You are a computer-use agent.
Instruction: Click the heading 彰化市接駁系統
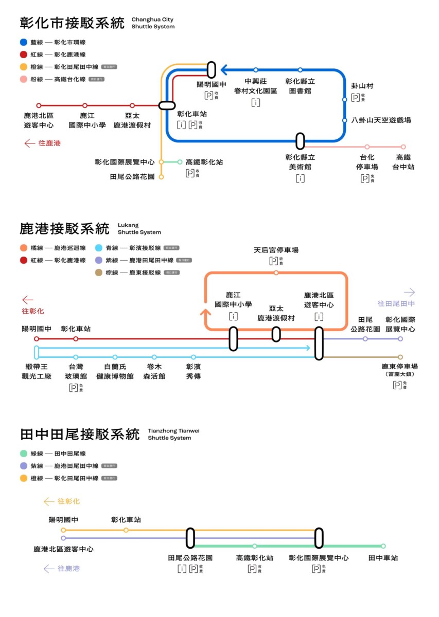tap(72, 23)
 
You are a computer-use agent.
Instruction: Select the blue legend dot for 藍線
tap(24, 42)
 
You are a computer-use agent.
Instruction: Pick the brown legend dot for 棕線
tap(99, 273)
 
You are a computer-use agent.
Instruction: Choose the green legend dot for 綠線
tap(24, 453)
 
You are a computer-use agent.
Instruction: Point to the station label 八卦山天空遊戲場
tap(381, 120)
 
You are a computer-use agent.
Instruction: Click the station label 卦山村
tap(362, 86)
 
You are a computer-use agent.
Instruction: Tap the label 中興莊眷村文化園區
tap(256, 86)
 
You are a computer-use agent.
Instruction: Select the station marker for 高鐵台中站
tap(403, 147)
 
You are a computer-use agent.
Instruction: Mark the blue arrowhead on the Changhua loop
tap(224, 70)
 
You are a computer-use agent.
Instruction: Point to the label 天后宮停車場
tap(276, 250)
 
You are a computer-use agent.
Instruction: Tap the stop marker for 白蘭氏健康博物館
tap(115, 357)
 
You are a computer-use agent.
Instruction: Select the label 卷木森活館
tap(154, 372)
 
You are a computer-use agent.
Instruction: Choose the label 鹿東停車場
tap(399, 367)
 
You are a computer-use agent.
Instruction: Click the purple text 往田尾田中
tap(396, 304)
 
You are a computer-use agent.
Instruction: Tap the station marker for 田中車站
tap(383, 546)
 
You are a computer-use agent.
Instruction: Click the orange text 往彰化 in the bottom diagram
tap(68, 501)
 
